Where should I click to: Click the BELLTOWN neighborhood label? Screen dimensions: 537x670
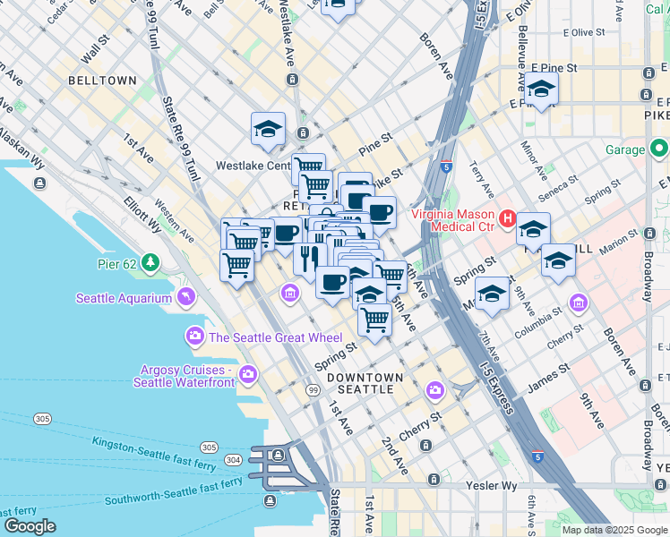point(102,81)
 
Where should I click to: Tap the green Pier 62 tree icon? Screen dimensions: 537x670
point(151,262)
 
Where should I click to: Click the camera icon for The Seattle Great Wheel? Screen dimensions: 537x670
point(194,337)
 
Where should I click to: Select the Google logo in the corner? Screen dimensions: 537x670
point(30,526)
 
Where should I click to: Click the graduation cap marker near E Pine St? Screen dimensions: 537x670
point(541,89)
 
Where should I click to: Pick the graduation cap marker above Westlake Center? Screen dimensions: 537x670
point(268,130)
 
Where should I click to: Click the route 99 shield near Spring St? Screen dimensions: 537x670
point(313,391)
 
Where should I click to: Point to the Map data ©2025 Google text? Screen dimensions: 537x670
point(614,530)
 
